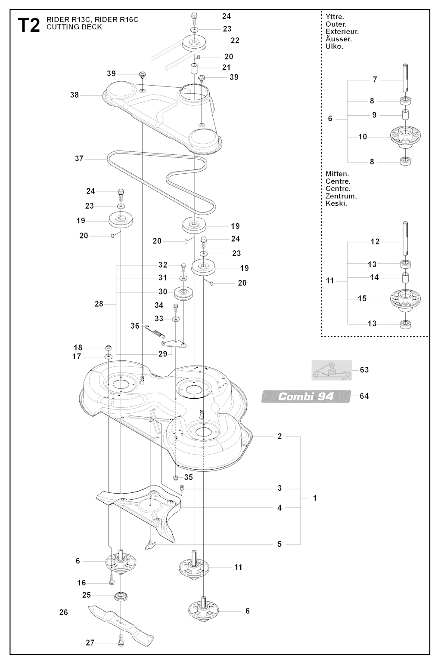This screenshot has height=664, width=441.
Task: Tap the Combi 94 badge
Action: (306, 396)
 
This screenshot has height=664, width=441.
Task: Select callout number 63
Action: (364, 370)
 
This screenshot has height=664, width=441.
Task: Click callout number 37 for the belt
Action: (79, 159)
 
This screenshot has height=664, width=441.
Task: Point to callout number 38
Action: (75, 95)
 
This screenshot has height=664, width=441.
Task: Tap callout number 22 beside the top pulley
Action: (235, 40)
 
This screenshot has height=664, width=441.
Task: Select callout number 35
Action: (189, 477)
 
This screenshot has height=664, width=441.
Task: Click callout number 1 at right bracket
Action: (315, 498)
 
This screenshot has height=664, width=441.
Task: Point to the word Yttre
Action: (335, 17)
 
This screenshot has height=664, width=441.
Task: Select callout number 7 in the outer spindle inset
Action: (375, 80)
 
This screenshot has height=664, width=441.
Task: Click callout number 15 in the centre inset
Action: (362, 298)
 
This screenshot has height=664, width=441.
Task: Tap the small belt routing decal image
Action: (332, 370)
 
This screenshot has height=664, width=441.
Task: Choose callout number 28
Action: (99, 304)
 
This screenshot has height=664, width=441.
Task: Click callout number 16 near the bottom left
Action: (82, 583)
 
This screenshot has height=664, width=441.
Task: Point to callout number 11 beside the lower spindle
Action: (238, 567)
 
